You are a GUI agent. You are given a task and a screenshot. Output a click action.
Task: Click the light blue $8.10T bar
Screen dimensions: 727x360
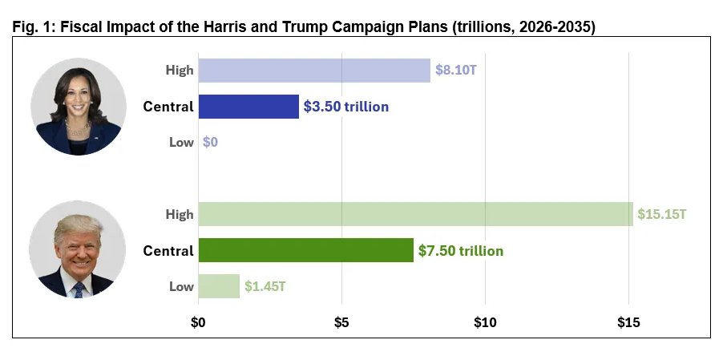(314, 71)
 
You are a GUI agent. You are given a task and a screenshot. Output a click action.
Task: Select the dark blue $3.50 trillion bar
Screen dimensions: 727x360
(248, 107)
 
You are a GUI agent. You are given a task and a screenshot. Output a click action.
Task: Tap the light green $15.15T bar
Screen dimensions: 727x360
(415, 214)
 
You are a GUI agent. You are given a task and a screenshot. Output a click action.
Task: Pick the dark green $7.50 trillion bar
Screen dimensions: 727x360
(306, 250)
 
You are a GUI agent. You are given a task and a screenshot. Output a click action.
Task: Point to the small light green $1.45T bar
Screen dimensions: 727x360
(219, 286)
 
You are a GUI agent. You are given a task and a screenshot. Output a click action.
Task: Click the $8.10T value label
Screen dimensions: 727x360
(456, 71)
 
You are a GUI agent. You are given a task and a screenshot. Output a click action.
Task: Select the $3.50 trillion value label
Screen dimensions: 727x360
(346, 107)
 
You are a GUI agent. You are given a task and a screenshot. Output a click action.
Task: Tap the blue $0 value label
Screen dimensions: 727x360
(211, 142)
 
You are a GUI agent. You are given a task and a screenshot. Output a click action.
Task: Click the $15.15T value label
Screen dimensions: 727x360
(661, 214)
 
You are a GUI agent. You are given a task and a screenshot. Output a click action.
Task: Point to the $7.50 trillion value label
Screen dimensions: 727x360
(461, 251)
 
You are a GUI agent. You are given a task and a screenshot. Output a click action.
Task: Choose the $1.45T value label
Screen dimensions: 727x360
(265, 286)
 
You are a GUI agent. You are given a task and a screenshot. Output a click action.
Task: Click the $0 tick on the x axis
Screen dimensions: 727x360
(199, 322)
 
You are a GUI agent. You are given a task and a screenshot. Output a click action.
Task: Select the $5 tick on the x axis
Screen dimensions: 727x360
(341, 322)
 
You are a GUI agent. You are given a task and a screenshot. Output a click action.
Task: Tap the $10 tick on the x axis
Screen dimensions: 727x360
(485, 322)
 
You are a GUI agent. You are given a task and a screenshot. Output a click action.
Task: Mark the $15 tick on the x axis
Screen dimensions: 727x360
(628, 322)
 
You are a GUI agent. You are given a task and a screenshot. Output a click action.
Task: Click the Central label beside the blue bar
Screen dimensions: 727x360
(168, 107)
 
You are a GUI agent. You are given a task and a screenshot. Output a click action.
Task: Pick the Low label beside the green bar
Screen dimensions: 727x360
(181, 286)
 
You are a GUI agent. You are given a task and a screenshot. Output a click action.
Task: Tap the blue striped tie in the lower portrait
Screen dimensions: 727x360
(79, 289)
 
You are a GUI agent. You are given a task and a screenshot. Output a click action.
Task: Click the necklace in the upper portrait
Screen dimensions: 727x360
(78, 127)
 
